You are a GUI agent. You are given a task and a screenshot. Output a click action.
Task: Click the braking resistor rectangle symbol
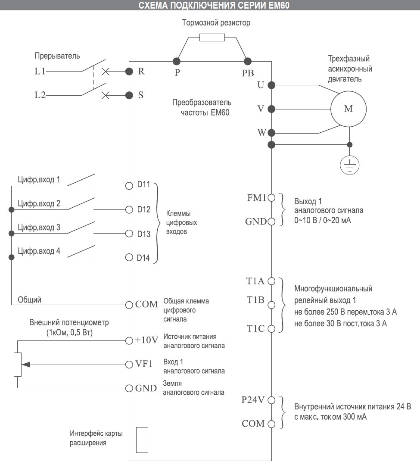212,37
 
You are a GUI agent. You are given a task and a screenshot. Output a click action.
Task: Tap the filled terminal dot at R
129,71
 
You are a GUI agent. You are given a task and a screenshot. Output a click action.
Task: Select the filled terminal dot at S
129,95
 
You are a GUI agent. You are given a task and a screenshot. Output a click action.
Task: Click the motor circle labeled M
348,109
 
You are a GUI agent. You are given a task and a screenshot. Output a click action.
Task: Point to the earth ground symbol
350,165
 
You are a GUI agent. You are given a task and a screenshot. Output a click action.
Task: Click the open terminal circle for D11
129,186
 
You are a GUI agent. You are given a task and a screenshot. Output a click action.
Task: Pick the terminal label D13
144,234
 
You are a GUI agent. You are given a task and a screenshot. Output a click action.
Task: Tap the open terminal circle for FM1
271,197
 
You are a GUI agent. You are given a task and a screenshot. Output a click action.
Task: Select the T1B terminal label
255,300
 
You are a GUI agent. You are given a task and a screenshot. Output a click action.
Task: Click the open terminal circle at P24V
271,400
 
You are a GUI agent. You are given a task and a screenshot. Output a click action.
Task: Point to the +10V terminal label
146,340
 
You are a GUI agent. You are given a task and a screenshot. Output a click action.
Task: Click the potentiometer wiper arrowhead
26,364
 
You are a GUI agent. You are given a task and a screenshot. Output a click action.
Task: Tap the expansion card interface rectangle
142,440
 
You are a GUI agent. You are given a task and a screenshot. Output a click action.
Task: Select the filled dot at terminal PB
248,61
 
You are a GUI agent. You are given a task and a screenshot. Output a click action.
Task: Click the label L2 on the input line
40,95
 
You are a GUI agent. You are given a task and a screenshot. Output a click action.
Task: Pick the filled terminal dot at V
271,109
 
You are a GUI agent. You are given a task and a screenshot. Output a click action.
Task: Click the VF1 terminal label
144,364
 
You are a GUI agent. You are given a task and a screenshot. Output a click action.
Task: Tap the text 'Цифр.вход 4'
39,251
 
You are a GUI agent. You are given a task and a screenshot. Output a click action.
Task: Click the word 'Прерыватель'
57,56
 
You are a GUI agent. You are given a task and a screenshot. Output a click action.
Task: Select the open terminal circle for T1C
271,329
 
